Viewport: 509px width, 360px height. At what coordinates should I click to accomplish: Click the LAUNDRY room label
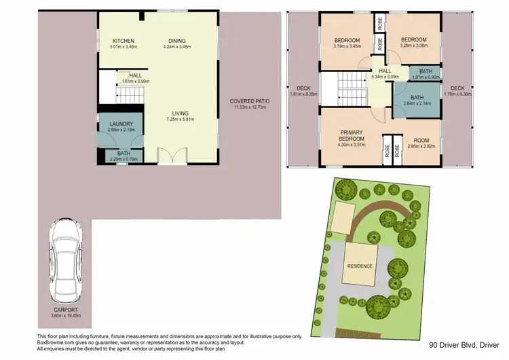pyautogui.click(x=121, y=124)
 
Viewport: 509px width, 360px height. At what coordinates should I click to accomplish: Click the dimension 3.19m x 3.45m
pyautogui.click(x=347, y=46)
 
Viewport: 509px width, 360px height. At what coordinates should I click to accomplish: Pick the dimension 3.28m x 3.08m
pyautogui.click(x=412, y=46)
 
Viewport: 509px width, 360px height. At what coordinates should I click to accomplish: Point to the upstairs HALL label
pyautogui.click(x=385, y=71)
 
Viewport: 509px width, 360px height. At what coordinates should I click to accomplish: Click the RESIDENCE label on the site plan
pyautogui.click(x=360, y=266)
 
